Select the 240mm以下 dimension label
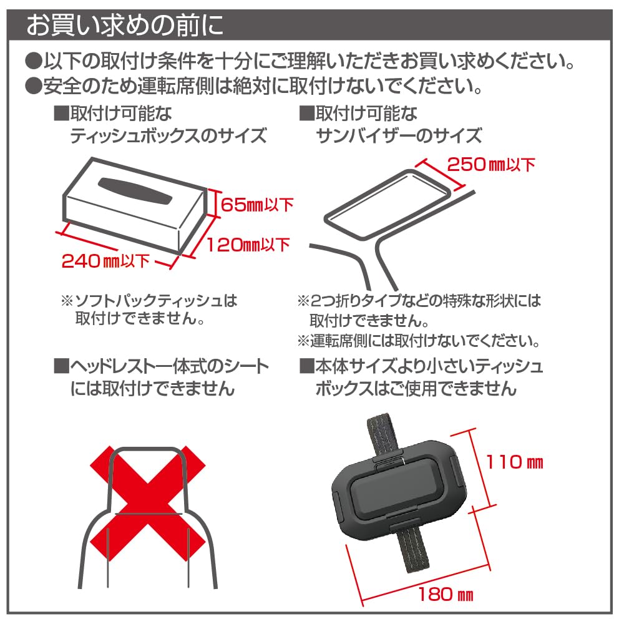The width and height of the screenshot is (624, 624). (x=105, y=260)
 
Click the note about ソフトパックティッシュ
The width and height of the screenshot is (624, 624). (x=149, y=310)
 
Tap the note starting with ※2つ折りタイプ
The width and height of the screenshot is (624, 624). (x=419, y=310)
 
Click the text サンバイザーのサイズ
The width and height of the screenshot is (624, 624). (x=399, y=135)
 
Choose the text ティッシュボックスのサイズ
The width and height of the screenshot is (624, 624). (x=168, y=135)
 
